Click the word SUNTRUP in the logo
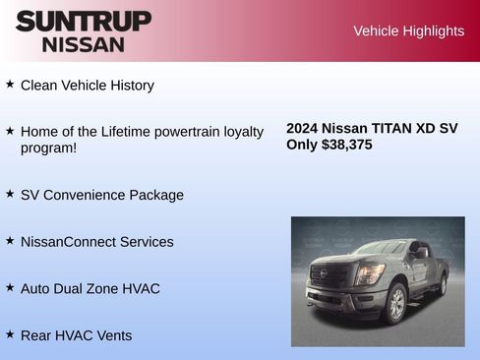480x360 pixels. (x=84, y=21)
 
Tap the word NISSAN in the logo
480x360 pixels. (x=84, y=43)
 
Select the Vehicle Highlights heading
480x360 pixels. (x=408, y=31)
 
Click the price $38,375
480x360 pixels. (x=346, y=145)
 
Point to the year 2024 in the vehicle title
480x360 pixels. (x=302, y=128)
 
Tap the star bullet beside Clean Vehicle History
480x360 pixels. (x=10, y=85)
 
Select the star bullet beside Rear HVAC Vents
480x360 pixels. (x=10, y=334)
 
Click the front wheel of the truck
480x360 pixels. (x=397, y=303)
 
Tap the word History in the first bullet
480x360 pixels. (x=130, y=86)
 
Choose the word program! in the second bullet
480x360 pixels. (x=49, y=149)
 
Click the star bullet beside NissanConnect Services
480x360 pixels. (x=10, y=241)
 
